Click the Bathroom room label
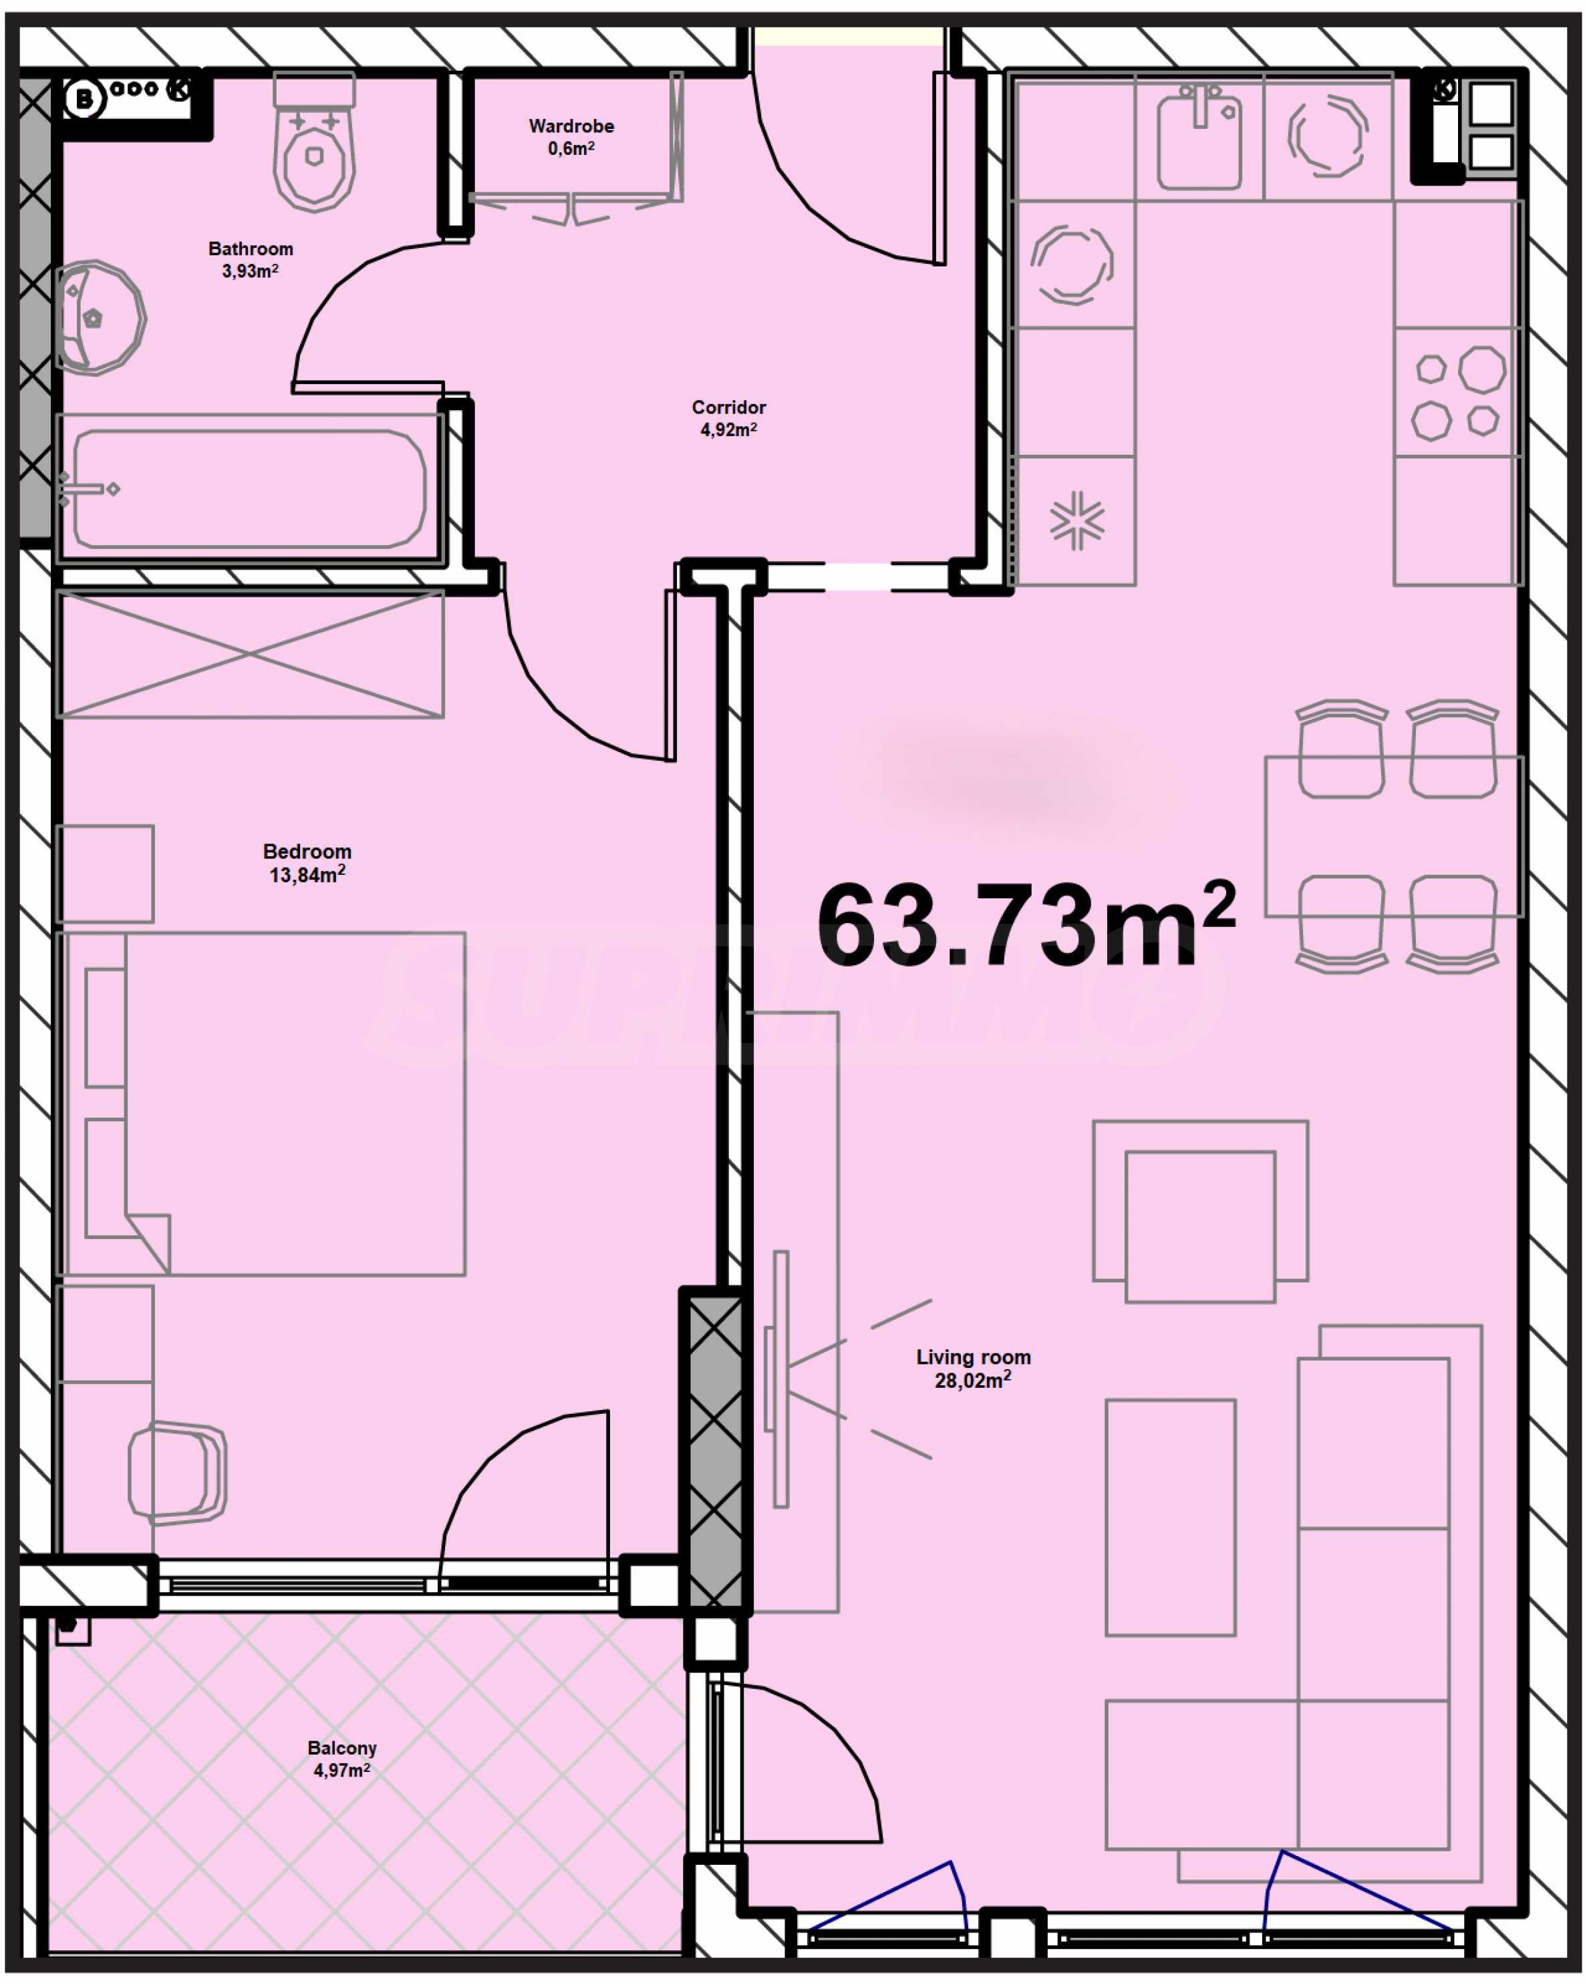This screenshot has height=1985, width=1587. (251, 248)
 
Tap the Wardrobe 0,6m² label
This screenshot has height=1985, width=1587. (571, 136)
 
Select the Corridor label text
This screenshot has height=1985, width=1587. (728, 407)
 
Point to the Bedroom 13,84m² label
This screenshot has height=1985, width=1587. (307, 864)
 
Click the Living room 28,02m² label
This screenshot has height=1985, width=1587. (973, 1368)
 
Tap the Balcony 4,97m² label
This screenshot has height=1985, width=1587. (341, 1759)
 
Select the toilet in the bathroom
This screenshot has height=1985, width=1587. (314, 143)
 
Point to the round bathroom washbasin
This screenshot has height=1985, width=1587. (100, 318)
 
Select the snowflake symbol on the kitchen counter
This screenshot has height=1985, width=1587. (1076, 521)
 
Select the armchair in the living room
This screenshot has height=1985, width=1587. (1200, 1212)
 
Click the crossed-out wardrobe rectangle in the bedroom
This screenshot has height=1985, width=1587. (251, 655)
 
